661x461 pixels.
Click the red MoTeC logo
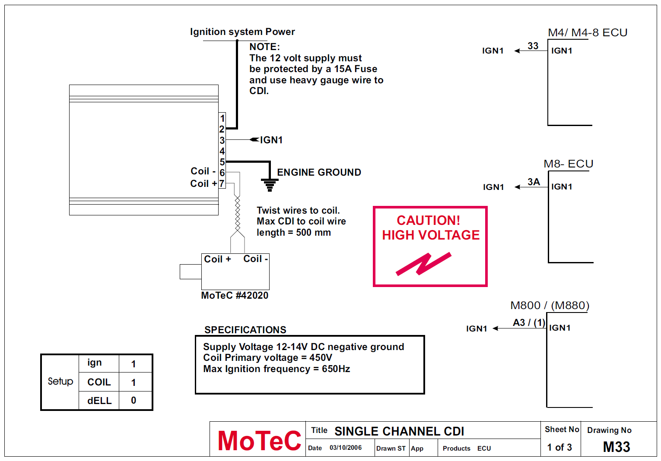pos(259,441)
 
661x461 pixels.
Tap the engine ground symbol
pos(270,185)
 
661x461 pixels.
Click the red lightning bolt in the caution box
pos(423,264)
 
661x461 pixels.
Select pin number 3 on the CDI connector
pos(222,140)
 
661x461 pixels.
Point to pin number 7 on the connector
pos(222,183)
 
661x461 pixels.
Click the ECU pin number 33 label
pos(533,46)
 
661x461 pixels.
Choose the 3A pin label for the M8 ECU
pos(534,182)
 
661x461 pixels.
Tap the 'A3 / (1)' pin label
pos(529,322)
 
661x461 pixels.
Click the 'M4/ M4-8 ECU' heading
pos(588,32)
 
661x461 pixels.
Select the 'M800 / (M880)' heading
pos(550,305)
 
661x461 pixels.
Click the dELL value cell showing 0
pos(133,401)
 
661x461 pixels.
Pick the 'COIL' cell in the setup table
pos(99,382)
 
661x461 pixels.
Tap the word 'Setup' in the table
pos(60,381)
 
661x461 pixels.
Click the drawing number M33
pos(617,447)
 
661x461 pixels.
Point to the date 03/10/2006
pos(346,448)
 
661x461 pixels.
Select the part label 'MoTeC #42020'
pos(235,295)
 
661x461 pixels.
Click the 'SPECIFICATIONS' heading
pos(245,330)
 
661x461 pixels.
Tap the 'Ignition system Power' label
pos(242,32)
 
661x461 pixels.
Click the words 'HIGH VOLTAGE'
pos(431,235)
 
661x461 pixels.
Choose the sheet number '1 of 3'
pos(559,447)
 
